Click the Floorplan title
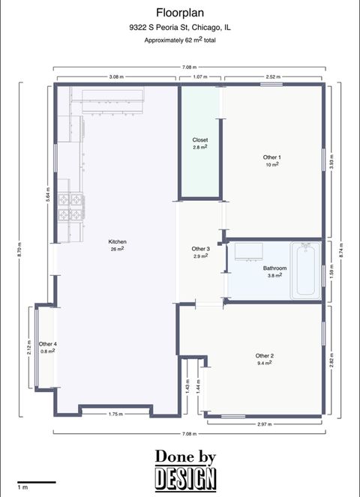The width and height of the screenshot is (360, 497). pyautogui.click(x=179, y=13)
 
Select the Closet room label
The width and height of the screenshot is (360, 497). pyautogui.click(x=200, y=140)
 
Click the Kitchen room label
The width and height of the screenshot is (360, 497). pyautogui.click(x=117, y=242)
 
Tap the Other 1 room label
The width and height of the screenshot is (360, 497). pyautogui.click(x=272, y=157)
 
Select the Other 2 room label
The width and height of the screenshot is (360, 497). pyautogui.click(x=264, y=356)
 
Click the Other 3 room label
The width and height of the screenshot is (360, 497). pyautogui.click(x=200, y=249)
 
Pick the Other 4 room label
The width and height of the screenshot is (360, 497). pyautogui.click(x=48, y=344)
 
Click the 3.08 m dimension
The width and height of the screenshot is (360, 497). pyautogui.click(x=116, y=76)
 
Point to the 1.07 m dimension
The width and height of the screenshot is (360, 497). pyautogui.click(x=200, y=76)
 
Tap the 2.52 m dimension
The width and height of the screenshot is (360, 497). pyautogui.click(x=273, y=76)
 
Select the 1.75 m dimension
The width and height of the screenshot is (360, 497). pyautogui.click(x=115, y=415)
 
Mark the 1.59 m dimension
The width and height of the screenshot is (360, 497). pyautogui.click(x=332, y=270)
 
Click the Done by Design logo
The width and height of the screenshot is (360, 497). pyautogui.click(x=185, y=469)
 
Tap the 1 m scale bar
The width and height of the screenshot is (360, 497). pyautogui.click(x=36, y=482)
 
